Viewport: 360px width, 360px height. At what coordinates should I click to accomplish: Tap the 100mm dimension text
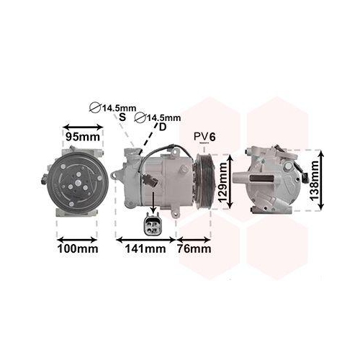(x=77, y=249)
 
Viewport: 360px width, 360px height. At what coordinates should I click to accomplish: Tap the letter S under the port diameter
(x=122, y=117)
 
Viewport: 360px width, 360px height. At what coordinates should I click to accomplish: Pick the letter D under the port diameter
(x=162, y=127)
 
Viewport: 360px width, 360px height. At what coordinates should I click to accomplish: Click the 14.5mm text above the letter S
(x=118, y=108)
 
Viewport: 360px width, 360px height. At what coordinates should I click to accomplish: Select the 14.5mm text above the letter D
(x=164, y=117)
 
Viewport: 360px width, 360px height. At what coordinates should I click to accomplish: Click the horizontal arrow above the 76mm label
(x=194, y=238)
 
